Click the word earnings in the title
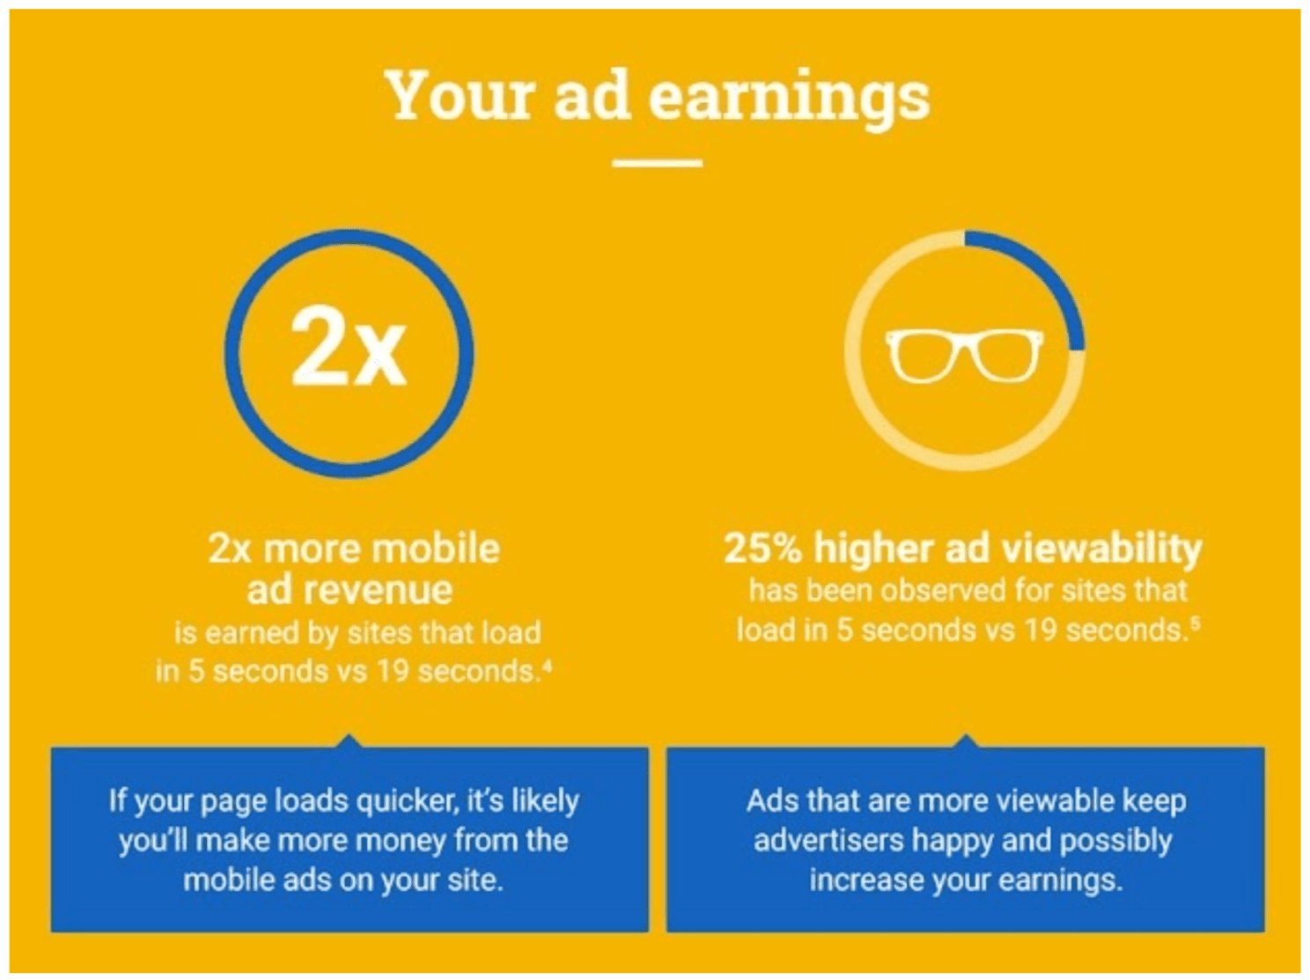point(789,99)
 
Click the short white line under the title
point(657,162)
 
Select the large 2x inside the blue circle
point(349,346)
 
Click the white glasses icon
point(964,355)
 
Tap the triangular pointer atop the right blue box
point(965,741)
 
